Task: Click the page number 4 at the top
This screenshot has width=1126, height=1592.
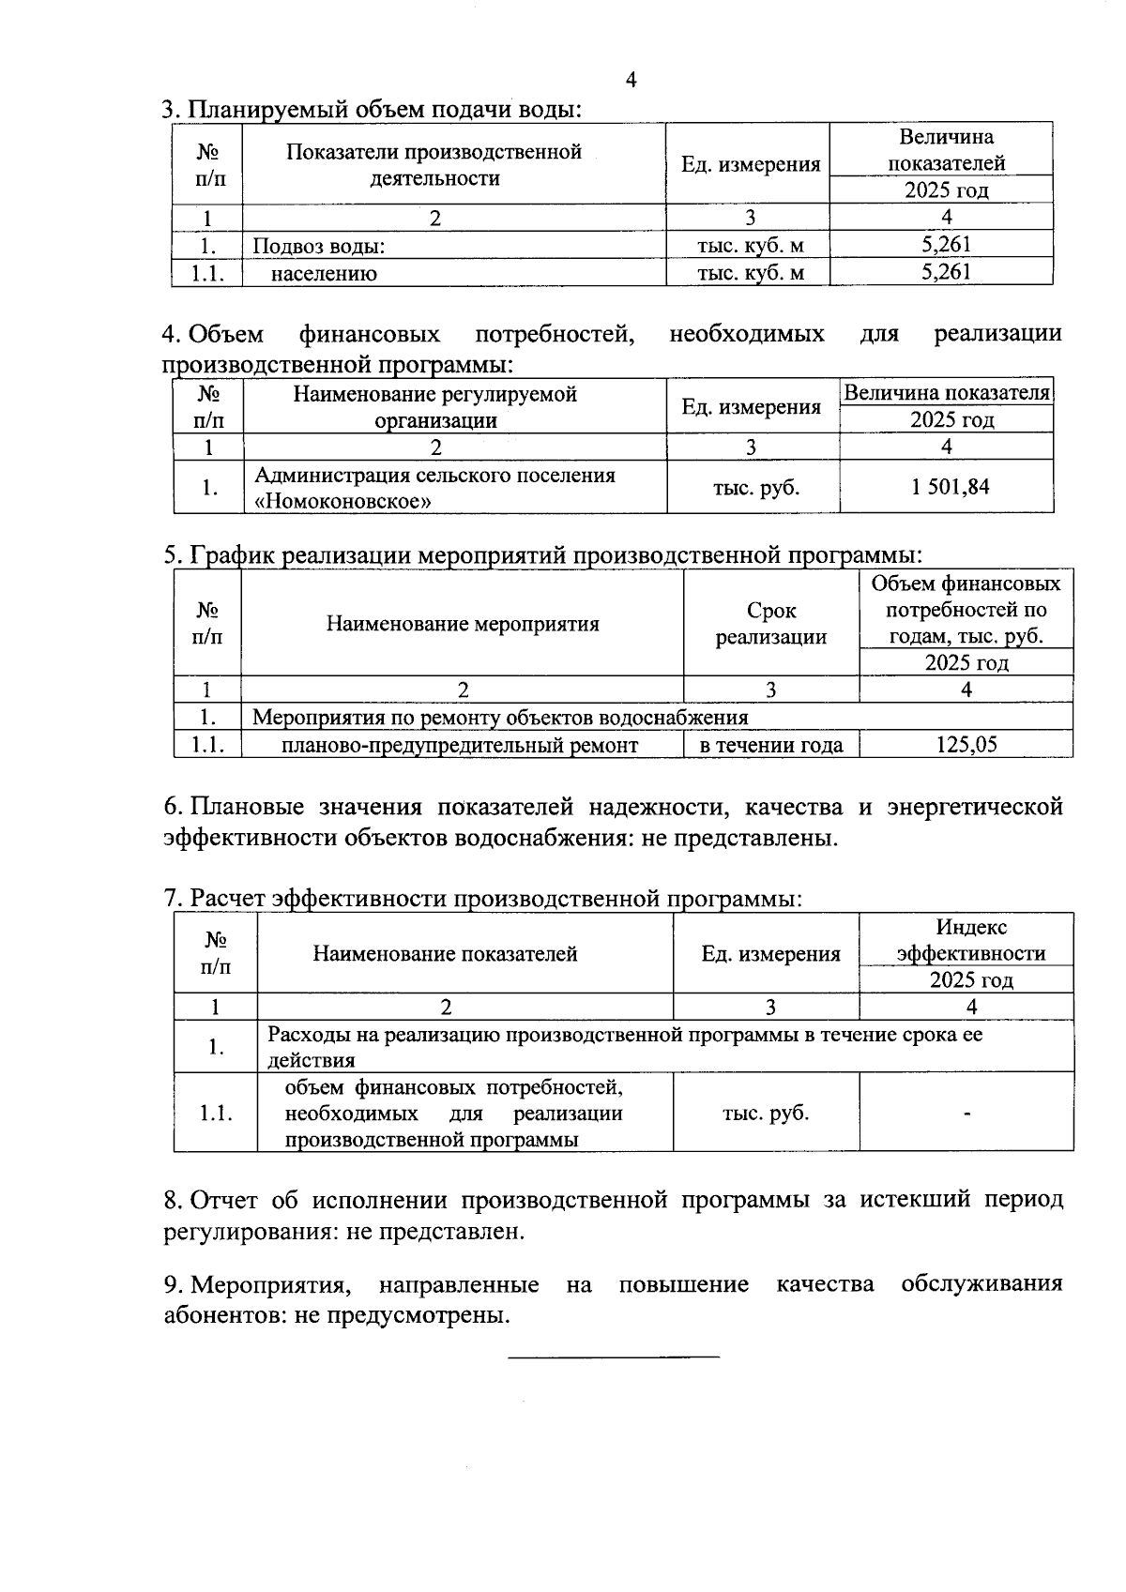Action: coord(631,81)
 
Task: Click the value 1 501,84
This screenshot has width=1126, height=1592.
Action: coord(950,487)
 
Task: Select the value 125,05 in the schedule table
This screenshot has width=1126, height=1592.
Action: coord(966,745)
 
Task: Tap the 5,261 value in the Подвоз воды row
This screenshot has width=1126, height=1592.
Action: coord(946,245)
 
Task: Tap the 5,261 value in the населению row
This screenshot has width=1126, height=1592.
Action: coord(946,272)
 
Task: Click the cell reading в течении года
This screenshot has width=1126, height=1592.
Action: coord(771,745)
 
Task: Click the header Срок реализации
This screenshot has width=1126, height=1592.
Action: coord(771,624)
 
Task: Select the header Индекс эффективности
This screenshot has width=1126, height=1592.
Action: coord(970,940)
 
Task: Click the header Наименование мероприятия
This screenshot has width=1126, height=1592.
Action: coord(463,624)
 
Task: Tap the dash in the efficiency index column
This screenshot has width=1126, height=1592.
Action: coord(966,1114)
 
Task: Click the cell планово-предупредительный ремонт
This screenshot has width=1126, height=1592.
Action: coord(460,745)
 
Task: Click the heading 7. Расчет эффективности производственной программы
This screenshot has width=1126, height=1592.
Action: coord(483,899)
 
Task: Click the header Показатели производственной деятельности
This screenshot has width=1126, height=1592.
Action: coord(434,164)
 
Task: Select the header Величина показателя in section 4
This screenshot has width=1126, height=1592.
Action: coord(946,393)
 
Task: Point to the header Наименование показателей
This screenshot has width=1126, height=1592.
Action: coord(445,954)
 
